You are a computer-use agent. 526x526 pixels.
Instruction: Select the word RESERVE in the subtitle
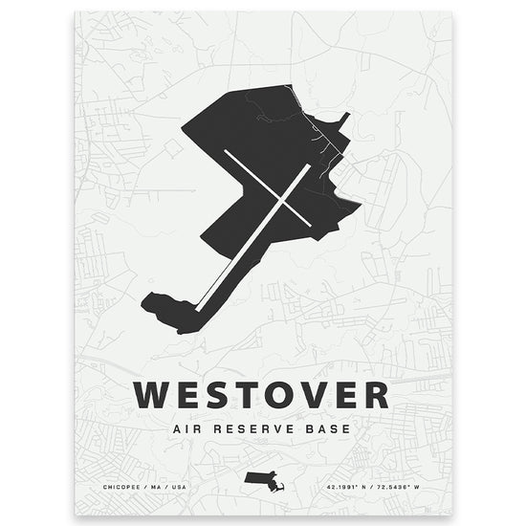coord(254,427)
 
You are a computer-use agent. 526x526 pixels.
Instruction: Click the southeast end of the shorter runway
coord(311,225)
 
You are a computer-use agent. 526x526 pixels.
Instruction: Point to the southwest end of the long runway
coord(198,306)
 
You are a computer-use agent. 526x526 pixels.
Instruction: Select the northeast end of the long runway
coord(308,165)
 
